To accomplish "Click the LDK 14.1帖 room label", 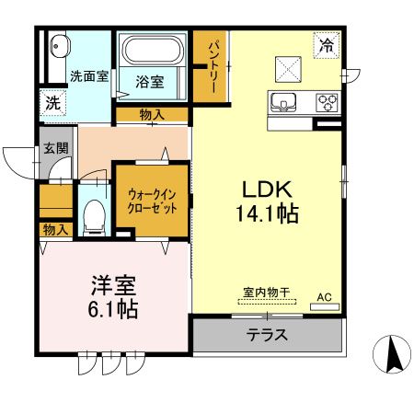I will point(269,201).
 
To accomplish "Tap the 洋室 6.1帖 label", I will point(114,297).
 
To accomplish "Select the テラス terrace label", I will point(267,334).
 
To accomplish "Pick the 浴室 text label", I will point(150,81).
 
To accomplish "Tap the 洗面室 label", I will point(88,76).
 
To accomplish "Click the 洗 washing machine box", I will point(54,103).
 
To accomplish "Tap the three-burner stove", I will point(327,101).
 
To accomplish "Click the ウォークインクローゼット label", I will point(152,199).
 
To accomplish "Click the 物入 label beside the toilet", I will point(55,229).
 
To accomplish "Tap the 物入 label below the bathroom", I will point(152,114).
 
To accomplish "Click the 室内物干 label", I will point(267,293).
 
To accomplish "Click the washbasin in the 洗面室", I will point(60,46).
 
